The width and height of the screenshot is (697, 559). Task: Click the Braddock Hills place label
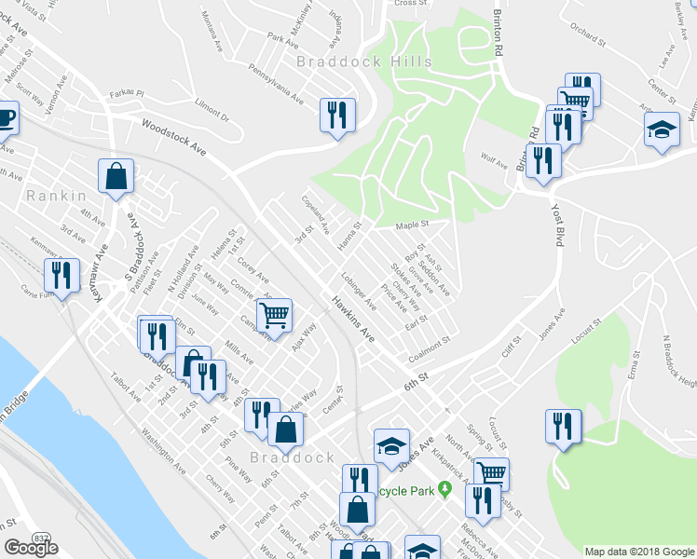click(x=364, y=61)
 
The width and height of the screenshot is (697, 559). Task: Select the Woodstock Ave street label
click(x=172, y=136)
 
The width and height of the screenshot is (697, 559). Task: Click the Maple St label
click(x=411, y=225)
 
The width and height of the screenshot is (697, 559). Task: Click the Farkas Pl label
click(x=125, y=93)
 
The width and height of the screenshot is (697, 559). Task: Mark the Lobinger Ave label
click(x=358, y=291)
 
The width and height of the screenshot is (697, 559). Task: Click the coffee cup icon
click(x=6, y=118)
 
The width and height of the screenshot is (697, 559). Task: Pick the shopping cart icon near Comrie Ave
click(x=274, y=314)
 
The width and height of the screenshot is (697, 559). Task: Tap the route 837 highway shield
click(x=41, y=539)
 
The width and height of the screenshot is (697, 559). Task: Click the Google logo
click(x=31, y=549)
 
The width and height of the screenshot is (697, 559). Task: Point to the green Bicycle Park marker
click(x=446, y=488)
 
